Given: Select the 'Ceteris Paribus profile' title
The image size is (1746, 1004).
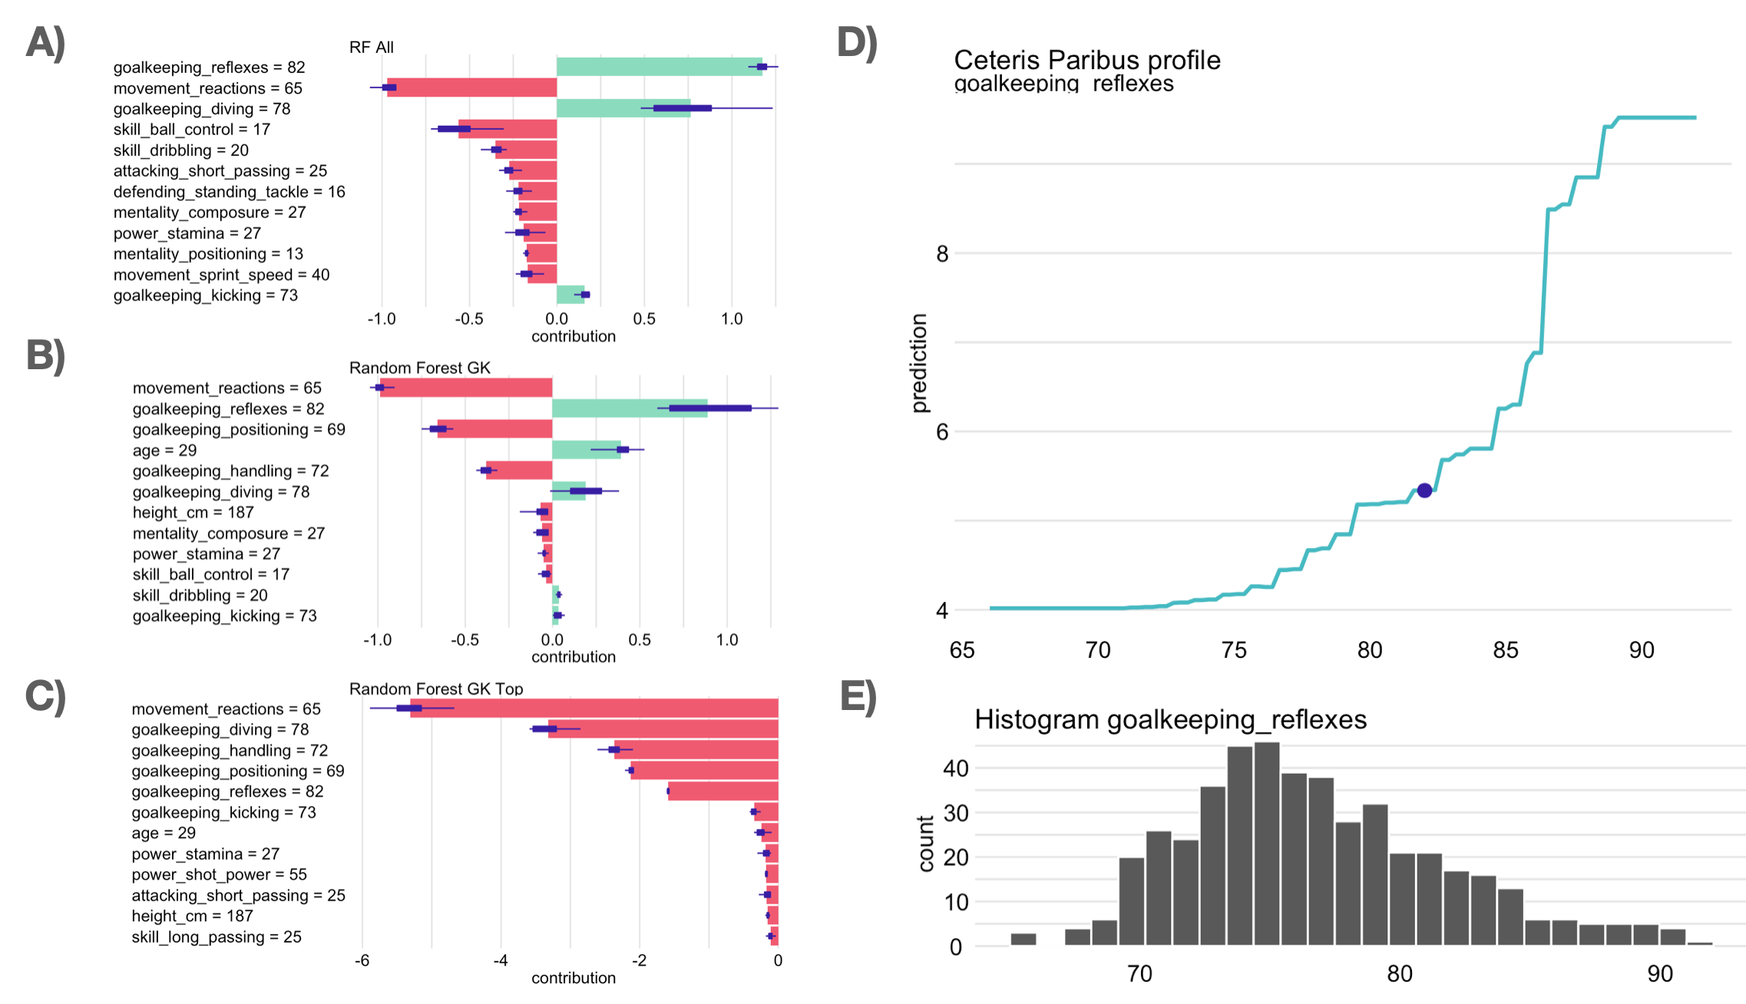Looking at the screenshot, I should tap(1086, 60).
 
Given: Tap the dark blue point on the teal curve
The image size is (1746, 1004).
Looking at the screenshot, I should tap(1424, 490).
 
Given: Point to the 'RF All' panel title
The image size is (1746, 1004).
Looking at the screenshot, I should tap(371, 48).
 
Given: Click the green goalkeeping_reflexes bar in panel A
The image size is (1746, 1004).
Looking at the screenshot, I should tap(659, 68).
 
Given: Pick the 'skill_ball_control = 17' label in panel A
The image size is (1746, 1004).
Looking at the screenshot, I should tap(191, 130).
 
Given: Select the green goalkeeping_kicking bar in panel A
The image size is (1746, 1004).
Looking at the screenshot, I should tap(570, 295).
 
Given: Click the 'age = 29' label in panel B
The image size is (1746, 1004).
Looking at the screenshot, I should tap(164, 451).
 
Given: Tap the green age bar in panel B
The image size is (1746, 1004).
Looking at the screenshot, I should tap(586, 450).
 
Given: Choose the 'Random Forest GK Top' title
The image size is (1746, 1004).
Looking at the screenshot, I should tap(436, 689).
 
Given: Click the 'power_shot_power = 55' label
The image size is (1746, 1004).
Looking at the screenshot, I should tap(219, 874).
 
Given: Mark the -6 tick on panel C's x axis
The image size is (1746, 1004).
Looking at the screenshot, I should tap(362, 960).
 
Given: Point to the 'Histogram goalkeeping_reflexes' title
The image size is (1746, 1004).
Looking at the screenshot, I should tap(1170, 719).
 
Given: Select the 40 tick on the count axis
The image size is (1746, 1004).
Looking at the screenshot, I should tap(956, 768).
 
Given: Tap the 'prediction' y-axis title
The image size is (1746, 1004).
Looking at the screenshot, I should tap(919, 363).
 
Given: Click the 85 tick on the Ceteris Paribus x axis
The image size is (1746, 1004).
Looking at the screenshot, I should tap(1505, 650).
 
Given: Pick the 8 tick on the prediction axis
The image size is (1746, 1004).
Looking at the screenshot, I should tap(942, 253).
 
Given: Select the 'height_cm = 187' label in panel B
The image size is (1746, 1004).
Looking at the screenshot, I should tap(193, 513).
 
